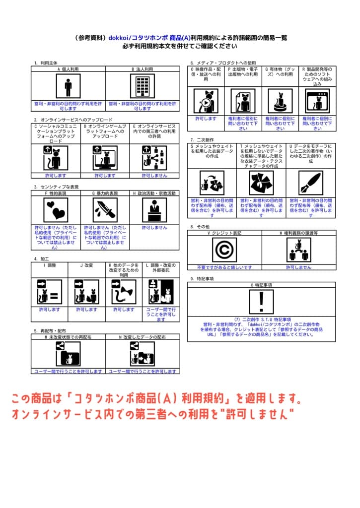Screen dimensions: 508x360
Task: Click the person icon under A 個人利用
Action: [68, 87]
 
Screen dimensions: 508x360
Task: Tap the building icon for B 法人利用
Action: [142, 87]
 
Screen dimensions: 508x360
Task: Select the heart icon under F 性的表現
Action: [56, 210]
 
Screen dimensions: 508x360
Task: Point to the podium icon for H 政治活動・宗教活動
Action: [154, 210]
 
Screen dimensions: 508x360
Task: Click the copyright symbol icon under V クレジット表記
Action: [224, 250]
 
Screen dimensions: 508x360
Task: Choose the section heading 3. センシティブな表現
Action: [57, 187]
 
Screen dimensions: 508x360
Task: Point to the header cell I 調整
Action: [50, 265]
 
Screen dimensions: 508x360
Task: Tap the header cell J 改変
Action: [86, 265]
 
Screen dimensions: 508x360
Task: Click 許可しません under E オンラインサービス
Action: [154, 175]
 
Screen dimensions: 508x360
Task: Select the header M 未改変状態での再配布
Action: [68, 337]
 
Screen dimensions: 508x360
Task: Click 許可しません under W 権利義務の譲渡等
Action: [298, 267]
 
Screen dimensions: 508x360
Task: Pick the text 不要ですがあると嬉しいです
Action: [224, 267]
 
